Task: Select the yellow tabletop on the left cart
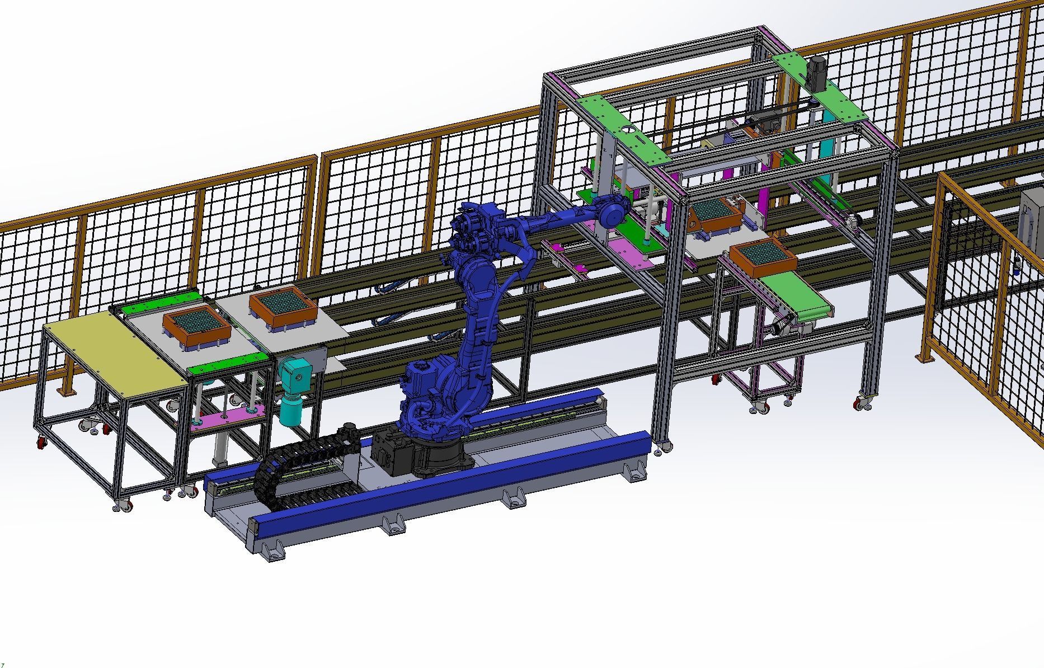coord(115,347)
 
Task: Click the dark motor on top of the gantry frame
coord(817,73)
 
